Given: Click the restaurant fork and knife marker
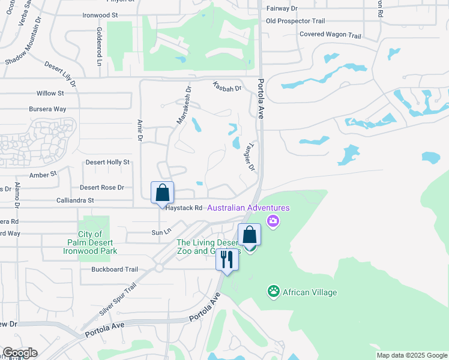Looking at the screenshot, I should coord(227,259).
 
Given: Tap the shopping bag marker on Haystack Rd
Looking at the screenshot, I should coord(162,193).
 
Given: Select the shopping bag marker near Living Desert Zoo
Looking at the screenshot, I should coord(250,235).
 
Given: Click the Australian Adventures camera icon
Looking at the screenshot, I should coord(273,221).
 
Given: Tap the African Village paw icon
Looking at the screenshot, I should coord(274,292).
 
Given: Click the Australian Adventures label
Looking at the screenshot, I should coord(249,208).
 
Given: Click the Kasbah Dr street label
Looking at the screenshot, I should coord(227,88).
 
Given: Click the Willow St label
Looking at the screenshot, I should coord(50,94).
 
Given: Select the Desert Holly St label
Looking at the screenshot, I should coord(107,162).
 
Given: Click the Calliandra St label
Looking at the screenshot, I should coord(74,200).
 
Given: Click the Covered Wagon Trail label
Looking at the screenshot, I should coord(330,35).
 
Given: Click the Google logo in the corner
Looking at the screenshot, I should coord(19,353).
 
